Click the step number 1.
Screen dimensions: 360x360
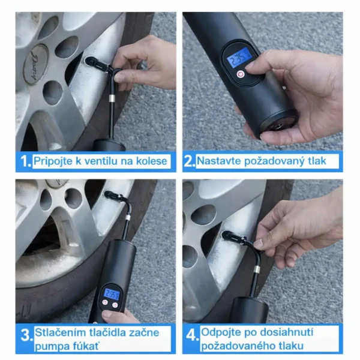click(25, 161)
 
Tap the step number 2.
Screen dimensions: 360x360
click(189, 161)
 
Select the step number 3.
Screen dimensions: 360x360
click(26, 335)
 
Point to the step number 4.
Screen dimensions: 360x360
click(192, 335)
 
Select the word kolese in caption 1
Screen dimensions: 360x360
click(152, 161)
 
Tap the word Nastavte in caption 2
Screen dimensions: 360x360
click(219, 161)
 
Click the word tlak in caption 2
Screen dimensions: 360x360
click(317, 161)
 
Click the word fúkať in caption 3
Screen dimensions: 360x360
click(86, 346)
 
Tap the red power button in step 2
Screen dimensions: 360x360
click(241, 74)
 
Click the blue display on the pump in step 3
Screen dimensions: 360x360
click(112, 294)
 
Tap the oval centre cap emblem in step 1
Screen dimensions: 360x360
click(35, 64)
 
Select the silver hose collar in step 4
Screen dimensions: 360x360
click(256, 269)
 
